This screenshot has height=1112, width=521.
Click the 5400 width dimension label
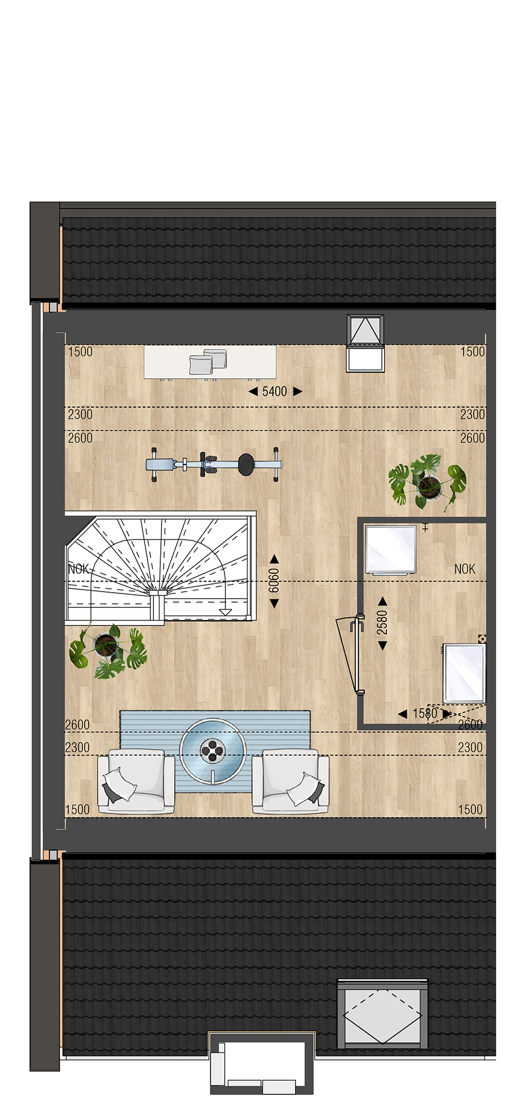pos(274,391)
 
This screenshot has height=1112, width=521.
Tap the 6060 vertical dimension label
pos(274,580)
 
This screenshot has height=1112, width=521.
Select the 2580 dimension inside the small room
pos(382,622)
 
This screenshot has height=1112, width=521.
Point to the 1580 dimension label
pos(425,713)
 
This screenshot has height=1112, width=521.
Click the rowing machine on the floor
pos(214,465)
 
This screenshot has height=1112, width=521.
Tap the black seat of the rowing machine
pos(246,465)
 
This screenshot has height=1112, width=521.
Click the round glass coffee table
pos(213,751)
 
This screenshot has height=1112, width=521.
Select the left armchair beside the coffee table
pos(136,781)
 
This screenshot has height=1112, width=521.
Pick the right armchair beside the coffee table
pos(291,781)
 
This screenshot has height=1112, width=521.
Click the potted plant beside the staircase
pos(107,651)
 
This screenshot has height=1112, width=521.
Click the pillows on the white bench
pos(208,361)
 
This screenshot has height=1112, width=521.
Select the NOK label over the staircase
pos(78,569)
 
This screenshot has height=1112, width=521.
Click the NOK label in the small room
pos(465,569)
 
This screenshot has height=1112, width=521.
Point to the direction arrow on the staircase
pos(225,612)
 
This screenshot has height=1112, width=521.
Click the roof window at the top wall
pos(365,343)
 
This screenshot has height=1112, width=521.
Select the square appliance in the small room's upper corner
pos(391,549)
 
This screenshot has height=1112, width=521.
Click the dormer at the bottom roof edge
pos(262,1063)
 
